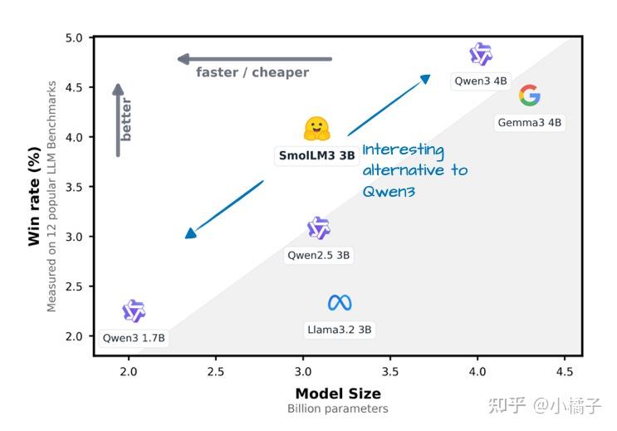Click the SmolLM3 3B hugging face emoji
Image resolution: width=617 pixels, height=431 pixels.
click(317, 130)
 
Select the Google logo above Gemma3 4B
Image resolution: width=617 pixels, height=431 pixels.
click(529, 96)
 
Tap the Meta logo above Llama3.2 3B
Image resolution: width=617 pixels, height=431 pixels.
click(340, 303)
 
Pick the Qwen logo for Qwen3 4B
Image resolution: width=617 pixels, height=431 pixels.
click(481, 55)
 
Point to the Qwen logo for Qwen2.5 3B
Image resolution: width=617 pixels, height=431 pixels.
click(319, 228)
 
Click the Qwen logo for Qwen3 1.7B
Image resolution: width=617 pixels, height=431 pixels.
click(134, 311)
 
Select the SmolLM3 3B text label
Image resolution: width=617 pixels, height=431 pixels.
click(316, 155)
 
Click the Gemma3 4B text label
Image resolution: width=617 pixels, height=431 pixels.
click(529, 123)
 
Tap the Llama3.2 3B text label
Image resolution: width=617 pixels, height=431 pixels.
click(340, 330)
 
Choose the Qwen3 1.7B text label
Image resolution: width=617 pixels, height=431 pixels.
click(134, 338)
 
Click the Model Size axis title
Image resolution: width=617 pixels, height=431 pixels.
click(338, 394)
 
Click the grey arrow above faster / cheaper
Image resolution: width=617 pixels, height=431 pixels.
click(254, 59)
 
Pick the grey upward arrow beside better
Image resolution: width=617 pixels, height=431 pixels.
click(118, 120)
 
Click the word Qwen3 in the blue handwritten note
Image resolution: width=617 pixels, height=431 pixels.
click(389, 191)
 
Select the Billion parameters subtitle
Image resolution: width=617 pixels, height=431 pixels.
click(338, 409)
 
